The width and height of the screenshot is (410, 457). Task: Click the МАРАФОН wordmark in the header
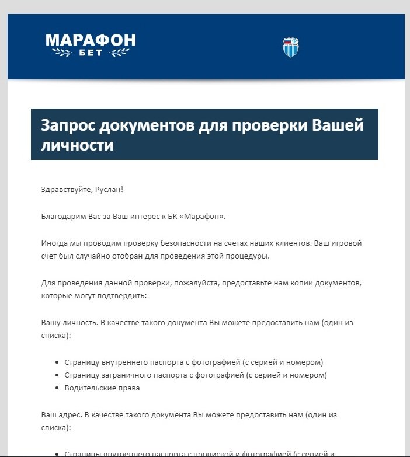91,40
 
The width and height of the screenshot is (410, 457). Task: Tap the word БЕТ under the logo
91,54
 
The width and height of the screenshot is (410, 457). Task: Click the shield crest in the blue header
290,47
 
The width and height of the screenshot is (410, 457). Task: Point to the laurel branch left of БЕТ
63,54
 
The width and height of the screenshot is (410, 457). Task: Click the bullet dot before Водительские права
57,388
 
